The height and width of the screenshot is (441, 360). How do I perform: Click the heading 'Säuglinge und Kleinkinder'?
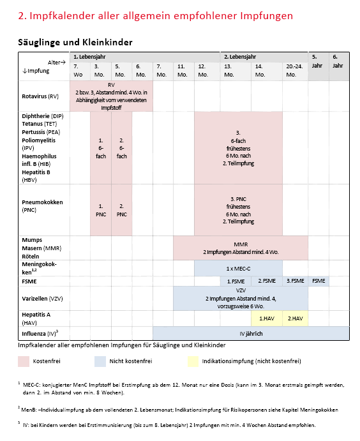pos(76,42)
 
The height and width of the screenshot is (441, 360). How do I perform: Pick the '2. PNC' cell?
pos(122,210)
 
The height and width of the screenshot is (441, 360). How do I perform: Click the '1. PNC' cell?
pos(101,210)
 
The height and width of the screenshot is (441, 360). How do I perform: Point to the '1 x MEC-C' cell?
pos(238,268)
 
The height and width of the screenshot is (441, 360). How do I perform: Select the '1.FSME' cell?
pos(237,281)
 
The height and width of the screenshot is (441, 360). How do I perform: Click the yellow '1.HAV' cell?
pos(267,318)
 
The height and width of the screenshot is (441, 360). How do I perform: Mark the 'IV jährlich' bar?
pos(251,333)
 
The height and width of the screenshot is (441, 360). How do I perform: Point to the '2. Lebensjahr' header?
pos(239,57)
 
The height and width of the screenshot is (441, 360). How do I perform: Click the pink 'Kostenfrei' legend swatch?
pos(24,362)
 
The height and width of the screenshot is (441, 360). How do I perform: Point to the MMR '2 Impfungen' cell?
pos(240,248)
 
